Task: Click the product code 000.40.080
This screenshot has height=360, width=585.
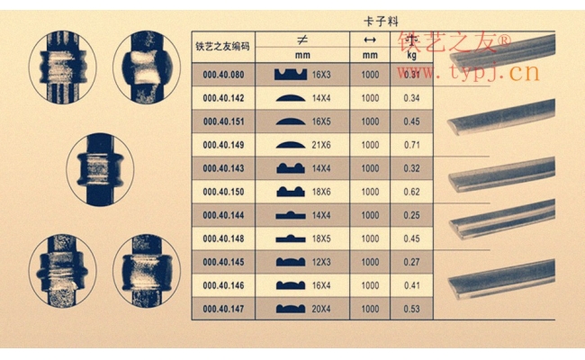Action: tap(224, 74)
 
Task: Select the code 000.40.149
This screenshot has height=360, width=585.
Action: tap(224, 144)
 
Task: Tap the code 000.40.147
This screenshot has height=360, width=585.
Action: tap(224, 308)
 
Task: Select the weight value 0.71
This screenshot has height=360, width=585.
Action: tap(413, 144)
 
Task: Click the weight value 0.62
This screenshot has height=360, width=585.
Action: tap(413, 191)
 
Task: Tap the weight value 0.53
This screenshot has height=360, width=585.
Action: tap(413, 308)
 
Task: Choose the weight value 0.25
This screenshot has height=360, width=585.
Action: tap(413, 214)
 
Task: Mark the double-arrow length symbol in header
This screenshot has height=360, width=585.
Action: tap(369, 40)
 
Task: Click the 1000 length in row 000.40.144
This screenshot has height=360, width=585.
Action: tap(369, 214)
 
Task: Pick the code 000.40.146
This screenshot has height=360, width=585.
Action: tap(224, 284)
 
